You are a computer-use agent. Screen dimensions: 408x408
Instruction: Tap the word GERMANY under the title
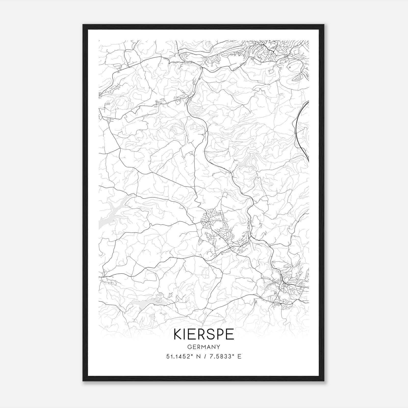[x=204, y=347]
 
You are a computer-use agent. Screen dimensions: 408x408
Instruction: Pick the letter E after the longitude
[x=239, y=356]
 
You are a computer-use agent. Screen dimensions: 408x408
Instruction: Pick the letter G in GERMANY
[x=189, y=347]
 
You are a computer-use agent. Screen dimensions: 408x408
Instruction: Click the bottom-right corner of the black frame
[x=324, y=381]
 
